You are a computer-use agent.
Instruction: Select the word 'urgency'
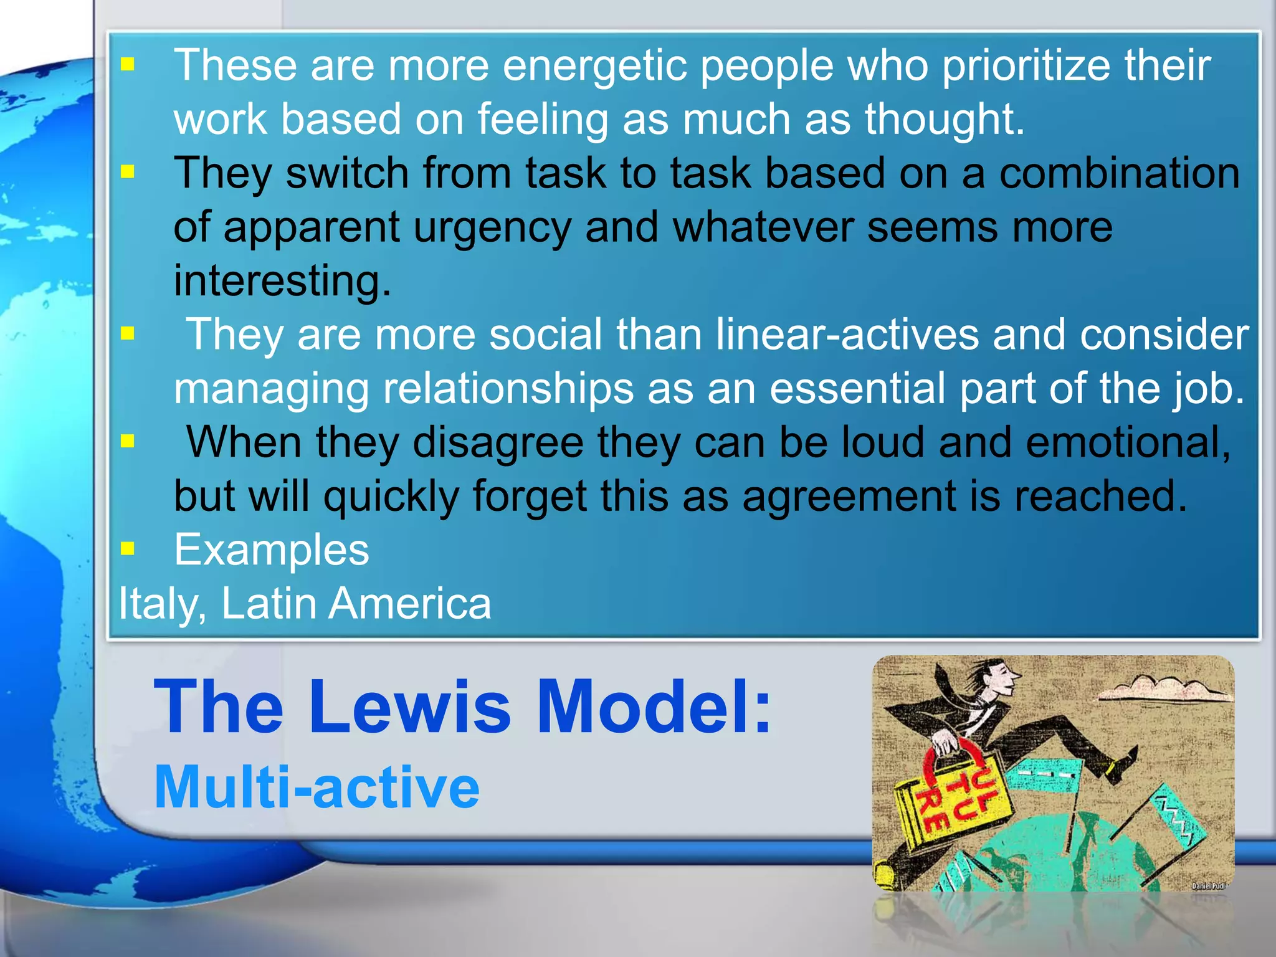point(492,228)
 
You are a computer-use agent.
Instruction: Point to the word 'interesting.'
point(282,281)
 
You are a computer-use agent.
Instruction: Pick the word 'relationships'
point(508,389)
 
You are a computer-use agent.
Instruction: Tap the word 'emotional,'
point(1128,442)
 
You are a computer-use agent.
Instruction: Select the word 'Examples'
point(272,550)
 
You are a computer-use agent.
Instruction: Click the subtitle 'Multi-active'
point(317,788)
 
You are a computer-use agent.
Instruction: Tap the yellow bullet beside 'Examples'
point(128,548)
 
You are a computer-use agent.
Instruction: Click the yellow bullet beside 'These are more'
point(128,64)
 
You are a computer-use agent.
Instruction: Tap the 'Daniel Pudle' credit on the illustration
point(1209,885)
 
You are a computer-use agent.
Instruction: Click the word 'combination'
point(1119,173)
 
